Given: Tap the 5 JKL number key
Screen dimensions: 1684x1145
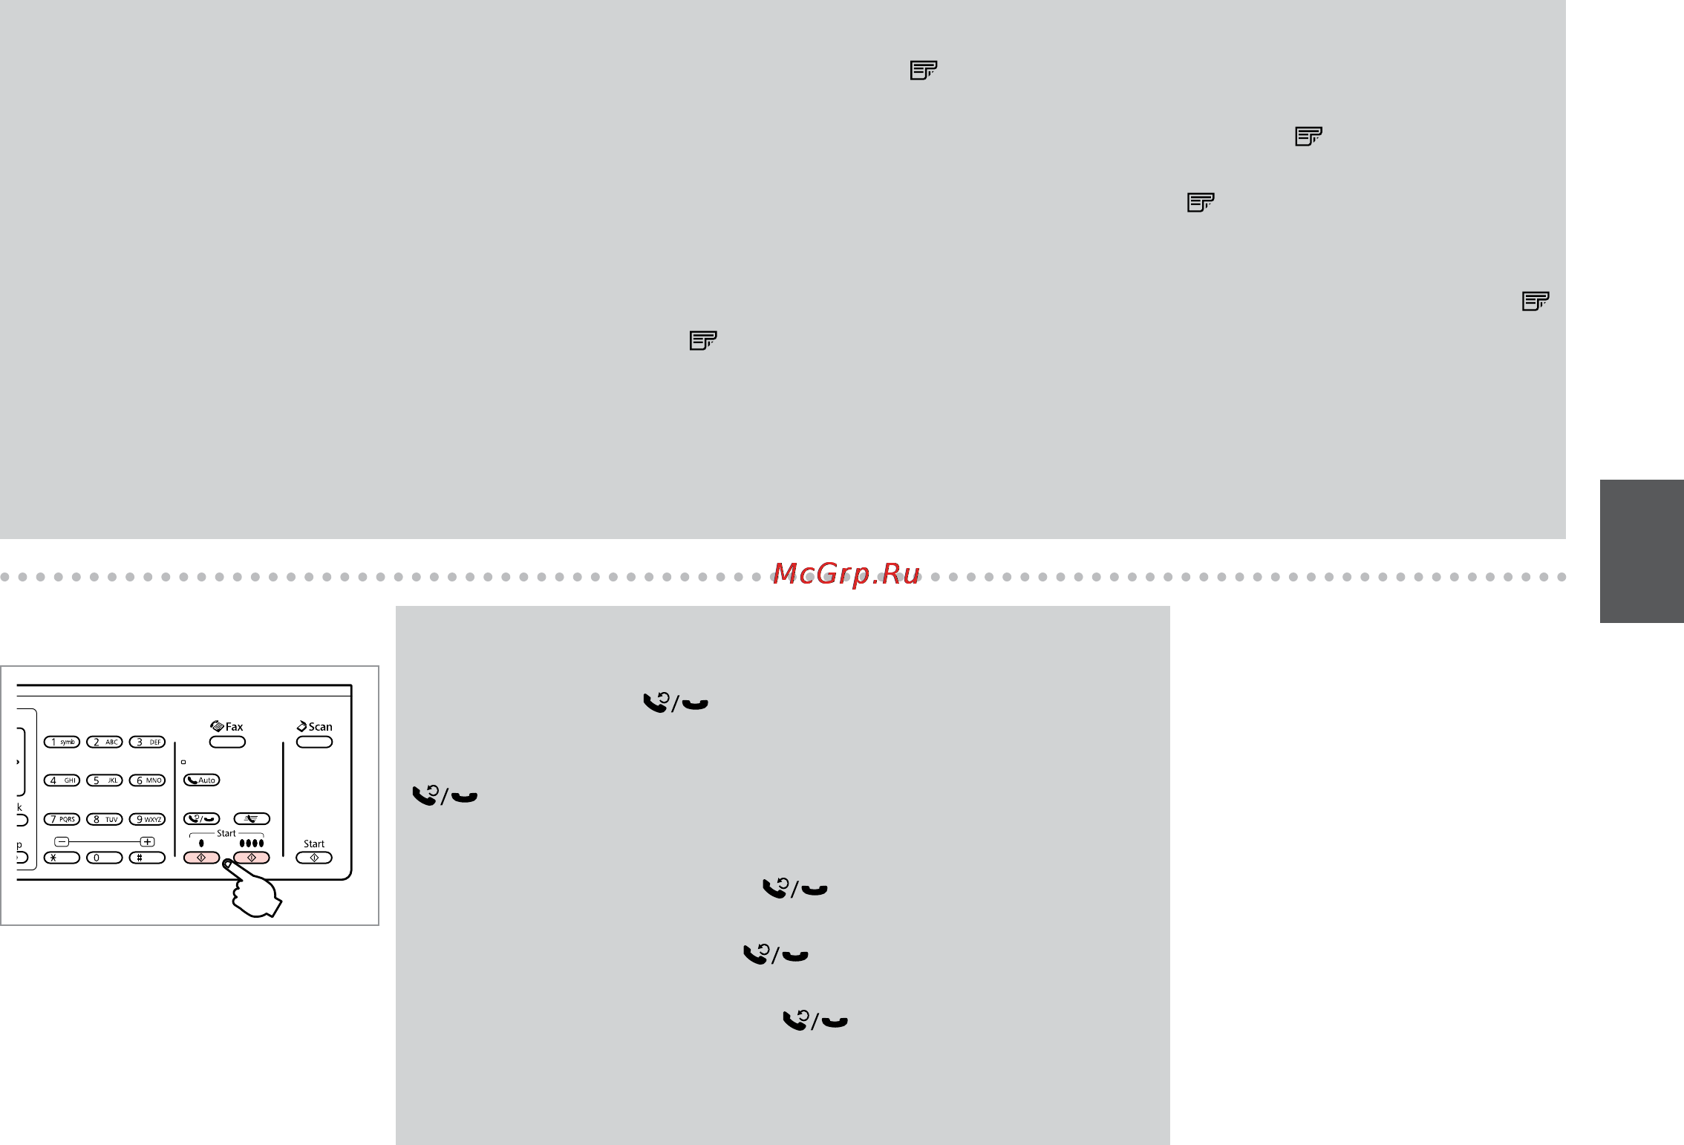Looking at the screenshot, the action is [105, 780].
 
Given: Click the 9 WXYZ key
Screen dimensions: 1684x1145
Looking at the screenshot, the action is [147, 819].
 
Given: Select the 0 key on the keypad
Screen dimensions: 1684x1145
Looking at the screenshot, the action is [105, 858].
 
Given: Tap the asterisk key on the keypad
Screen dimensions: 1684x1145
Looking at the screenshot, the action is [62, 858].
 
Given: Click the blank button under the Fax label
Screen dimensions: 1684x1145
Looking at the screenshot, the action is [227, 742].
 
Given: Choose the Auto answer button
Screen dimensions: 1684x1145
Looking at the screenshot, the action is [201, 780].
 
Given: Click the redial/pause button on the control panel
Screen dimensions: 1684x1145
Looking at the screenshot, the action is [201, 819].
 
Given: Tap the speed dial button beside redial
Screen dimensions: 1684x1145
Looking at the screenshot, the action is [252, 819].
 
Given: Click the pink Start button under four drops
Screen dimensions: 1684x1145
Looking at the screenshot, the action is [252, 858].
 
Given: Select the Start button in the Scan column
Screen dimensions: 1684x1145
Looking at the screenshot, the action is [314, 858].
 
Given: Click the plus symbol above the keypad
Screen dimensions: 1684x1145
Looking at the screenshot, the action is [148, 841].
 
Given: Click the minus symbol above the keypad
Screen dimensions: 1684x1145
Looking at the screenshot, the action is [62, 841].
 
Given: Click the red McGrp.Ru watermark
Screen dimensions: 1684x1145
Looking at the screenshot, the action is [846, 574].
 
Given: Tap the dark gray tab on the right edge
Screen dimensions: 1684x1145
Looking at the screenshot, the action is [1642, 551].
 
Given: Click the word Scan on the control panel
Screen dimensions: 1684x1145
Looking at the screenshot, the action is [320, 727].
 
